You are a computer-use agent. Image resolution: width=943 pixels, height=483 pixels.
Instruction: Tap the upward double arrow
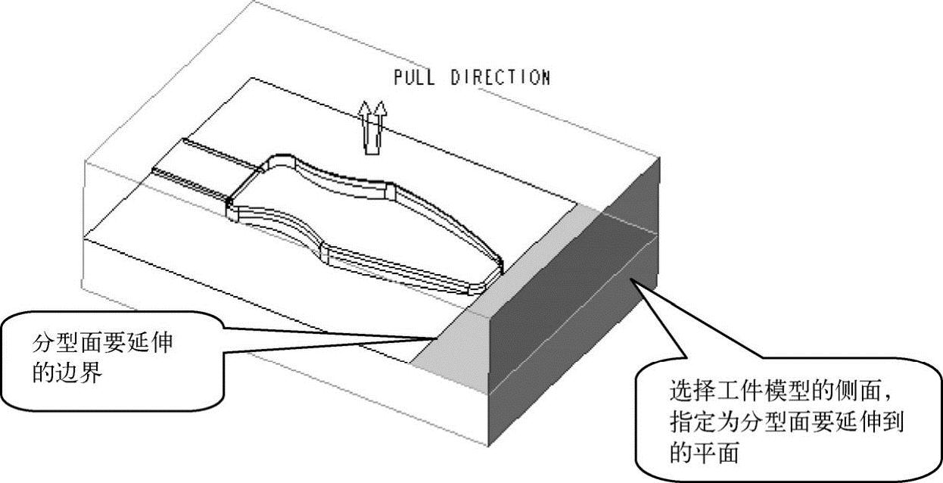click(372, 127)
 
